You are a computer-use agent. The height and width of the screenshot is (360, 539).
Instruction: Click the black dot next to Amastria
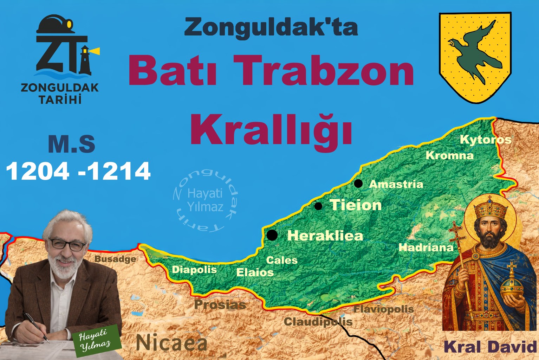pos(358,183)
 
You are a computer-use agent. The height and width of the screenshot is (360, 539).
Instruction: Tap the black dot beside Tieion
pos(318,206)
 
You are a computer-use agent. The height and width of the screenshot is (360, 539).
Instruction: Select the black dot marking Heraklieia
pos(272,235)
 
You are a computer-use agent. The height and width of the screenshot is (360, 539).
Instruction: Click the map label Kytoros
pos(485,140)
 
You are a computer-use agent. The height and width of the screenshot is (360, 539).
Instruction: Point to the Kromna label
pos(449,155)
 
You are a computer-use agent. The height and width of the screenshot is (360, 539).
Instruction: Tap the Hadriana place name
pos(426,247)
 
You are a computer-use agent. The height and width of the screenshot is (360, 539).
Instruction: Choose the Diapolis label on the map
pos(194,270)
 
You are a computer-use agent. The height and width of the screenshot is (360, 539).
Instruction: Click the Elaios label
pos(255,272)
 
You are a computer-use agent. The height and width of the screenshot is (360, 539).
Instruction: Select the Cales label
pos(282,260)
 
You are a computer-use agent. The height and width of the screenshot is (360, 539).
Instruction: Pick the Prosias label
pos(220,304)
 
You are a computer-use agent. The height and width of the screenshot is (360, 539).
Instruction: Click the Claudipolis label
pos(318,321)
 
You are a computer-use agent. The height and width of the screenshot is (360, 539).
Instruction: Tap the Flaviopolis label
pos(383,309)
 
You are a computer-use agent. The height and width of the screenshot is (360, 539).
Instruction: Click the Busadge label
pos(115,259)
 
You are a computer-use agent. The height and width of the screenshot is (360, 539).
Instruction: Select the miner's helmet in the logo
pos(56,25)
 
